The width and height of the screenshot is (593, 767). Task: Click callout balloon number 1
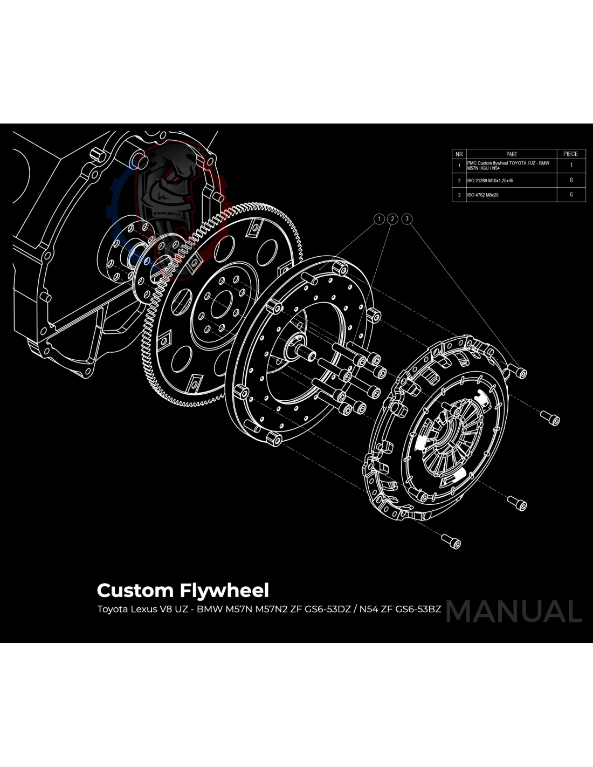(x=380, y=219)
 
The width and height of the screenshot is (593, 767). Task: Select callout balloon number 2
(x=393, y=219)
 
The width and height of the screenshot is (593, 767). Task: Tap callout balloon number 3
(x=408, y=219)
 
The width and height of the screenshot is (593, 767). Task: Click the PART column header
(x=511, y=154)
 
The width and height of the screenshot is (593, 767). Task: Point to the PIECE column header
(x=570, y=154)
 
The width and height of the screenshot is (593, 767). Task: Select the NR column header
(x=459, y=154)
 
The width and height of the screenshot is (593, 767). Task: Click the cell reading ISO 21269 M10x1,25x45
(x=490, y=181)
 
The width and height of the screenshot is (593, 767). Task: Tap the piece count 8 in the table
(x=571, y=180)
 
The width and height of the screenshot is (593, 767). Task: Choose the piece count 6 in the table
(x=571, y=195)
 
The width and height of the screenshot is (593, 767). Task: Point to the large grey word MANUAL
(x=514, y=612)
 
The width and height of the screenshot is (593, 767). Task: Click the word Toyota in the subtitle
(x=112, y=610)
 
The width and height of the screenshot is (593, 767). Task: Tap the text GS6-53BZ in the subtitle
(x=418, y=610)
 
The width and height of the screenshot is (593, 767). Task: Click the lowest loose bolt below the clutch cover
(x=452, y=541)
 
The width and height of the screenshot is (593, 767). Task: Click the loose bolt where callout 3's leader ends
(x=520, y=372)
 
